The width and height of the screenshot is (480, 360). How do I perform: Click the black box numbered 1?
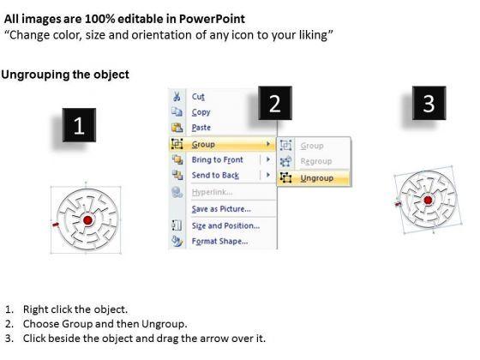79,125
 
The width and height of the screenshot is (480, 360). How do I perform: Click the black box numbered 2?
275,103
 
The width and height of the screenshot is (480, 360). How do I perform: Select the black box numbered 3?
429,103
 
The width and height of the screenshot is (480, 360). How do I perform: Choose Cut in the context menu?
198,97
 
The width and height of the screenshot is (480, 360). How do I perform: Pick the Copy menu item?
201,112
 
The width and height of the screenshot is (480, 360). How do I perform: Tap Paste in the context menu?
201,128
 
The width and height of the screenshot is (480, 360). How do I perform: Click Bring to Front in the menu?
218,159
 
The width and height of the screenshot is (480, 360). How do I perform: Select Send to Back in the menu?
215,176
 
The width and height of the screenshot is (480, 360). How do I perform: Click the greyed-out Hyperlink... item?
212,192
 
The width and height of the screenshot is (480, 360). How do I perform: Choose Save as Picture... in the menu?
221,209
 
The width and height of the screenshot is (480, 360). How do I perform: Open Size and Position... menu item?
225,226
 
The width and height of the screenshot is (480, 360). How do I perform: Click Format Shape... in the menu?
219,242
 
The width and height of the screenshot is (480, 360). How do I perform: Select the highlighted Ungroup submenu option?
317,178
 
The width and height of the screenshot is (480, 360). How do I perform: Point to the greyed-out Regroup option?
316,161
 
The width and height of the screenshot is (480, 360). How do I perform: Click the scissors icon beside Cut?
177,96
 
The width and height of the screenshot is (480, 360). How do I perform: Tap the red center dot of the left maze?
87,220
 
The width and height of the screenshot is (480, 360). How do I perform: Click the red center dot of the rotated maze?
428,201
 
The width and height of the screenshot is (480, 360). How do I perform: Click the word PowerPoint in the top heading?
212,19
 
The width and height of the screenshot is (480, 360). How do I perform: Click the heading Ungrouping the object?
65,75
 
